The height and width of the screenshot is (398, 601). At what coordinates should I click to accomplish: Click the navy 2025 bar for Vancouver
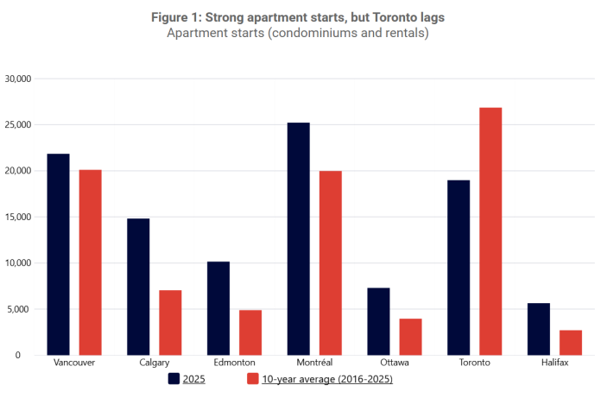pyautogui.click(x=59, y=255)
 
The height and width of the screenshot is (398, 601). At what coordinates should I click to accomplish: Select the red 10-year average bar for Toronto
pyautogui.click(x=490, y=231)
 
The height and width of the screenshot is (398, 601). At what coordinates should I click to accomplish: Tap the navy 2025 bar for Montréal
pyautogui.click(x=298, y=239)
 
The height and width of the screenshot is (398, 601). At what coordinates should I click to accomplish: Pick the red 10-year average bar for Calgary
pyautogui.click(x=170, y=322)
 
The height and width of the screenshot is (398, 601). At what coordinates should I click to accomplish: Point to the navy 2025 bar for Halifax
pyautogui.click(x=539, y=329)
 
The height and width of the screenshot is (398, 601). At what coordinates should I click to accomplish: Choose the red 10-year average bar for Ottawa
pyautogui.click(x=410, y=337)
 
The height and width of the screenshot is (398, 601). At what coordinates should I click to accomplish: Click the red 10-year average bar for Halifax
pyautogui.click(x=571, y=342)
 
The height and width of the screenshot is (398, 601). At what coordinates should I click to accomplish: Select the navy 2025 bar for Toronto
pyautogui.click(x=459, y=268)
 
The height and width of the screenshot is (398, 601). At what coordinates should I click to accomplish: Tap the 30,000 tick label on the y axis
pyautogui.click(x=18, y=79)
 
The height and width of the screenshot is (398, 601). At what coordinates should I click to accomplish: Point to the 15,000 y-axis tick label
pyautogui.click(x=18, y=217)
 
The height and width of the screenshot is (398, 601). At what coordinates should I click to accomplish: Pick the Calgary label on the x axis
pyautogui.click(x=155, y=363)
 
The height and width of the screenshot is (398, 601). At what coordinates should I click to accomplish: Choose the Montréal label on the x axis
pyautogui.click(x=314, y=363)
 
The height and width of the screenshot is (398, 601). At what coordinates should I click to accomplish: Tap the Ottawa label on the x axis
pyautogui.click(x=395, y=363)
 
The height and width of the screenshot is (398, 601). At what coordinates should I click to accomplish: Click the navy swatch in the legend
pyautogui.click(x=174, y=378)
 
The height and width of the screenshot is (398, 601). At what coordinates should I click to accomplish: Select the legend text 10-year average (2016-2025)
pyautogui.click(x=327, y=378)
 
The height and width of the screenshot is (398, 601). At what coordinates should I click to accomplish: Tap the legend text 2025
pyautogui.click(x=195, y=378)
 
